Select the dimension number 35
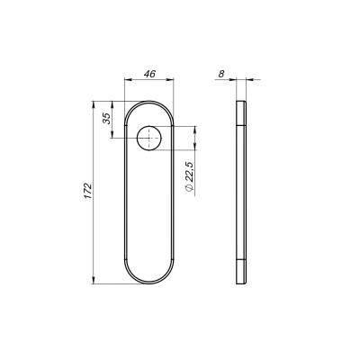click(x=107, y=120)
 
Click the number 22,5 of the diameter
click(x=185, y=168)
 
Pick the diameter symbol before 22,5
click(x=185, y=189)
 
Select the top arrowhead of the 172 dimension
click(x=95, y=107)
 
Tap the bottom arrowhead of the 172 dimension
click(x=95, y=281)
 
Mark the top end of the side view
click(x=239, y=105)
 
